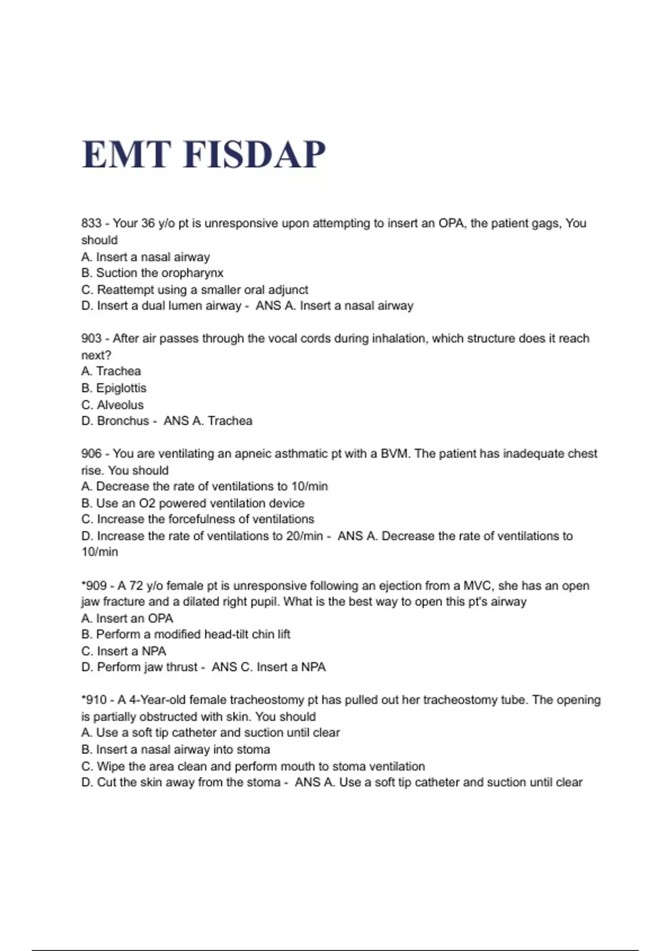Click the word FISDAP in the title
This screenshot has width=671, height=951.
tap(254, 154)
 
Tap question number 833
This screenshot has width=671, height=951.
tap(91, 223)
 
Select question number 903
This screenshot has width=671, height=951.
tap(91, 338)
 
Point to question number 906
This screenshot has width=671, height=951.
tap(91, 454)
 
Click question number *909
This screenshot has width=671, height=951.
tap(94, 586)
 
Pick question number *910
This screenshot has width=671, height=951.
tap(94, 700)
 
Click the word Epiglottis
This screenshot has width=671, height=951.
tap(121, 388)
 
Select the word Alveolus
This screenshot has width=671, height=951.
tap(120, 405)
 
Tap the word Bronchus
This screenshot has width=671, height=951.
tap(123, 421)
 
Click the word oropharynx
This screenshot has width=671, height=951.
tap(192, 273)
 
